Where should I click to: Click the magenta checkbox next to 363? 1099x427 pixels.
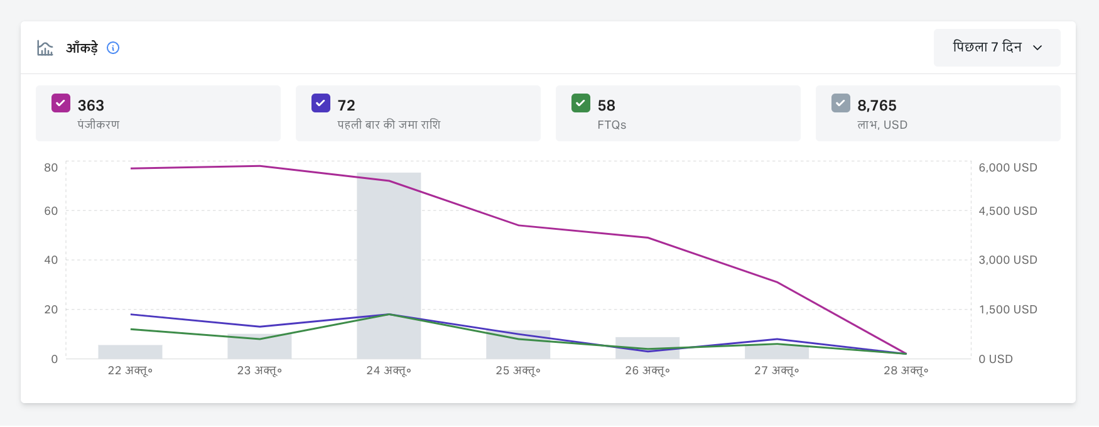coord(61,103)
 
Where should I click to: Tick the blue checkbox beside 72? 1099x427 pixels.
coord(321,103)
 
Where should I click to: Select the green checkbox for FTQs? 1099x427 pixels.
coord(581,103)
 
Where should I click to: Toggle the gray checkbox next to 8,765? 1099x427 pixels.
coord(841,103)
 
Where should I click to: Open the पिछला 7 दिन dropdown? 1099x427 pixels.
coord(997,48)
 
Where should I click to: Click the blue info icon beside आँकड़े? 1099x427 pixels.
coord(113,48)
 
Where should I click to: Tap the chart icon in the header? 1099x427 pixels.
coord(45,48)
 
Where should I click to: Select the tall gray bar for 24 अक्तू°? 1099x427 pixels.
coord(389,264)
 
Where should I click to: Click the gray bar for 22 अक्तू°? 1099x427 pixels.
coord(130,352)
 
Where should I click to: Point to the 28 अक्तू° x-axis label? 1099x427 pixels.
coord(906,370)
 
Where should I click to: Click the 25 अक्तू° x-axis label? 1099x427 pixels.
coord(518,370)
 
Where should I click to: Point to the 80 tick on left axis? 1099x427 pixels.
coord(51,168)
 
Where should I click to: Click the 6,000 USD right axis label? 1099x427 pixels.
coord(1007,168)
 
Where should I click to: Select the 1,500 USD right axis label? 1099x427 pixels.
coord(1007,310)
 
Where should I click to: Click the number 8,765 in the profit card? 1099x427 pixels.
coord(877,105)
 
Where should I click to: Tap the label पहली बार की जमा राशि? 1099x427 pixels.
coord(389,125)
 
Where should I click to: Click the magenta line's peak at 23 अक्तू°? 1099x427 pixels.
coord(259,166)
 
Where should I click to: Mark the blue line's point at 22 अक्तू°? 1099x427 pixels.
coord(131,314)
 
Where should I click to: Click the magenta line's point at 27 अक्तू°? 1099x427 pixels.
coord(777,282)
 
